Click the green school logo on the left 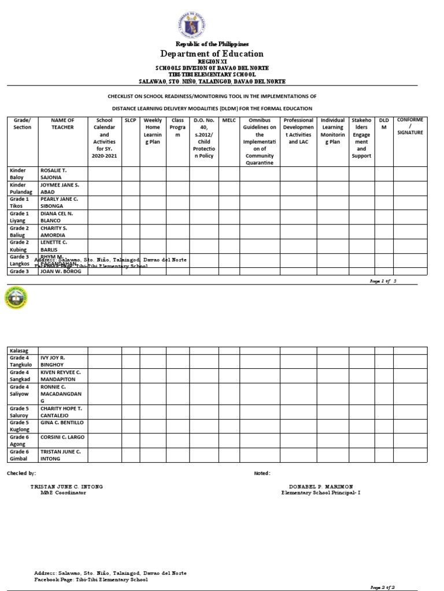pos(16,298)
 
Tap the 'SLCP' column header pos(130,120)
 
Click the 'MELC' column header pos(229,120)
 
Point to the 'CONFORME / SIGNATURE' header pos(410,126)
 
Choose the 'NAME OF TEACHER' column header pos(62,124)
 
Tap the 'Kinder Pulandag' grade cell pos(22,188)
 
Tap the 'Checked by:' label pos(21,473)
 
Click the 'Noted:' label pos(262,473)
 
